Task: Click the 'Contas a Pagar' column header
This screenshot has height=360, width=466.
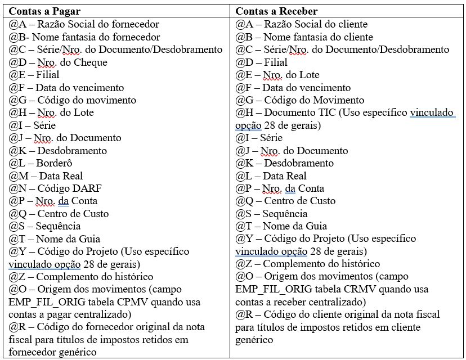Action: point(44,11)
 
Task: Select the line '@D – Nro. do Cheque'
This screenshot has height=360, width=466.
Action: point(58,62)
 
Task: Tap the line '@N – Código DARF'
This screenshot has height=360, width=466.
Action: point(55,188)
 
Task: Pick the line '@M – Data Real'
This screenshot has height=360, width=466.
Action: point(46,175)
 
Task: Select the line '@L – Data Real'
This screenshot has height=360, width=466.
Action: point(271,175)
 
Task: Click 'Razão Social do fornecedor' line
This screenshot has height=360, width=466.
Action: point(84,24)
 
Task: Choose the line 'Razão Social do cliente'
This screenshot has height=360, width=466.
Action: point(302,24)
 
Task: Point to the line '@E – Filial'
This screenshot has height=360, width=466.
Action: point(34,74)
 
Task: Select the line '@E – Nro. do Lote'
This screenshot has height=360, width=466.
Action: point(277,74)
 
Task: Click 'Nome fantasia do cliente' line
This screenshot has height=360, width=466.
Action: point(304,37)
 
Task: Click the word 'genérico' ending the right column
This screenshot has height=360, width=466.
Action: point(254,339)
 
